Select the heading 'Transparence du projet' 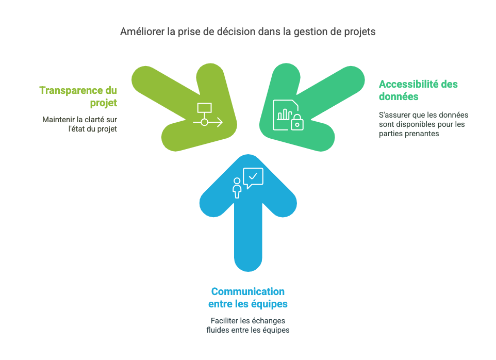[78, 96]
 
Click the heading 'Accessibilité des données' [418, 90]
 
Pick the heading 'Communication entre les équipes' [248, 298]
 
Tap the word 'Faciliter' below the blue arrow [224, 321]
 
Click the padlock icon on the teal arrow [297, 122]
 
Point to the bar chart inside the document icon [285, 114]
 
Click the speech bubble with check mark [253, 178]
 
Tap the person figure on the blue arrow [237, 188]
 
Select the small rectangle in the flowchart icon [204, 108]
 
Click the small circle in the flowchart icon [204, 122]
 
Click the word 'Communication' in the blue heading [248, 291]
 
